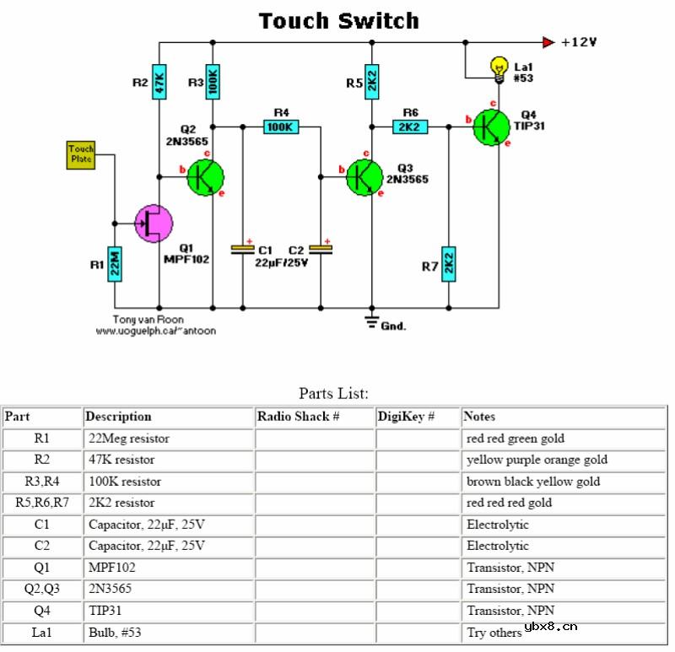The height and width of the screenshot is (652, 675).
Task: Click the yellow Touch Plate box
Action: click(x=81, y=154)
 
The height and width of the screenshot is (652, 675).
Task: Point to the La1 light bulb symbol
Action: click(x=499, y=66)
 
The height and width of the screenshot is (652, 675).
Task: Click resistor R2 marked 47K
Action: click(x=159, y=82)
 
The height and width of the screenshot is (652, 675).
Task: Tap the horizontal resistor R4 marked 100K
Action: click(x=280, y=127)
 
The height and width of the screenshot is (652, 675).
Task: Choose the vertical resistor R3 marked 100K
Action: click(x=213, y=82)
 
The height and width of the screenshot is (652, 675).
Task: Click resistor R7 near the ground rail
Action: click(x=449, y=264)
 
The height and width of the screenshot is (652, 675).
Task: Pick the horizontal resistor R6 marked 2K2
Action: click(x=410, y=127)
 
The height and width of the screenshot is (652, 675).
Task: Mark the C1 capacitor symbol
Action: click(x=243, y=249)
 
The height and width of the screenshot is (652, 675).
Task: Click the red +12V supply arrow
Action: click(x=548, y=41)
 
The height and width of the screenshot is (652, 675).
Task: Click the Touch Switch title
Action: click(x=337, y=20)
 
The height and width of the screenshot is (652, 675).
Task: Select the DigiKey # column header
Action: click(x=406, y=417)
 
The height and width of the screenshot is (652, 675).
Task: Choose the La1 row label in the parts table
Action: click(x=42, y=632)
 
